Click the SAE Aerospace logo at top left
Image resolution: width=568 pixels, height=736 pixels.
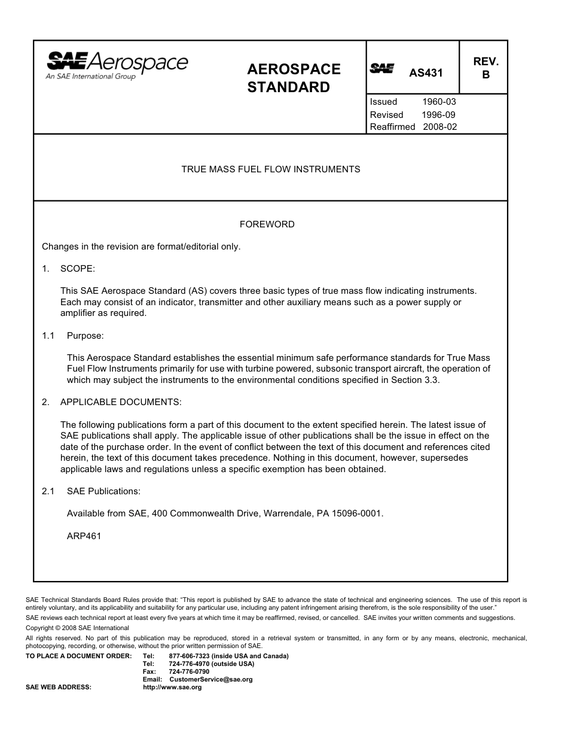[117, 65]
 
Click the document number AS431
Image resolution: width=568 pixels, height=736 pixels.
[426, 73]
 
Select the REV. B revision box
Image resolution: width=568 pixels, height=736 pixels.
[485, 68]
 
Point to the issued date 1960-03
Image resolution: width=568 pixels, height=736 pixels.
[439, 102]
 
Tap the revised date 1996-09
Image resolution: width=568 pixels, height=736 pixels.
[439, 114]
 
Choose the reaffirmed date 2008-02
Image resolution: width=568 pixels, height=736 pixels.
[439, 127]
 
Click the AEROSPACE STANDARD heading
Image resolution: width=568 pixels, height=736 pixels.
[294, 78]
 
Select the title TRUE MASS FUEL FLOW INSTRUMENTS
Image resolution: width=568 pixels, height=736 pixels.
[271, 169]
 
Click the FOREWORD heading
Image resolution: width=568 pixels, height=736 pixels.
[267, 224]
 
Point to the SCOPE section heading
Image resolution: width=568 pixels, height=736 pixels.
[77, 269]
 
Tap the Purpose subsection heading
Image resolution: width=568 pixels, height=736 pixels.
[85, 336]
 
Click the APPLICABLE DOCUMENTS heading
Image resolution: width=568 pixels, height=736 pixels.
[120, 402]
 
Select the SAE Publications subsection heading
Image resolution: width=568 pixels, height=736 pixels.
[103, 491]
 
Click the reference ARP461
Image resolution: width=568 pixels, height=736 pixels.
[84, 536]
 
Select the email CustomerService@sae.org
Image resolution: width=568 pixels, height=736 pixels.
[210, 679]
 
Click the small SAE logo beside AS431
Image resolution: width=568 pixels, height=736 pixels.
[381, 68]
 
